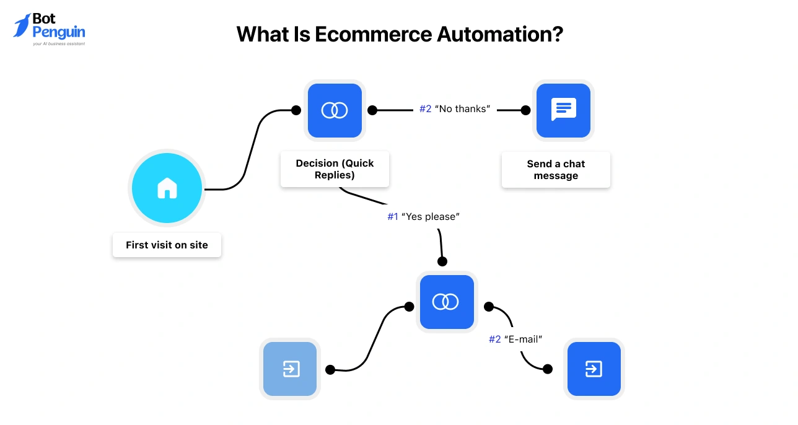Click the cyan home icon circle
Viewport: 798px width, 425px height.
[x=167, y=188]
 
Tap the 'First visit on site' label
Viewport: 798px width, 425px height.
[x=167, y=245]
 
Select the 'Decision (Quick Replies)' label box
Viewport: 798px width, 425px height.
[x=335, y=169]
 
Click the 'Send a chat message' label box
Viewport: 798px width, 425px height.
[x=556, y=170]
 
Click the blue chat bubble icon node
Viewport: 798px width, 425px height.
[x=563, y=110]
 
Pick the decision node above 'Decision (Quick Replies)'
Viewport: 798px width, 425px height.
[x=335, y=110]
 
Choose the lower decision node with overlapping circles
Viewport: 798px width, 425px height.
[x=446, y=302]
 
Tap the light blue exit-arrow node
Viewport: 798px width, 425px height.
[x=290, y=369]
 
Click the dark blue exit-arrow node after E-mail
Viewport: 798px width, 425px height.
[x=594, y=369]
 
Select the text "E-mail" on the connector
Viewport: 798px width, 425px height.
[x=523, y=340]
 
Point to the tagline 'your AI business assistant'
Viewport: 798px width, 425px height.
[x=59, y=44]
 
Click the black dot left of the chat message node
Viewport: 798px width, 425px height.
[x=525, y=110]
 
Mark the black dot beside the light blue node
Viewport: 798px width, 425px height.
[x=330, y=370]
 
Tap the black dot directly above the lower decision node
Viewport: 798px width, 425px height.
[x=442, y=261]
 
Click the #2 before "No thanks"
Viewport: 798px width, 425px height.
[x=425, y=109]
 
